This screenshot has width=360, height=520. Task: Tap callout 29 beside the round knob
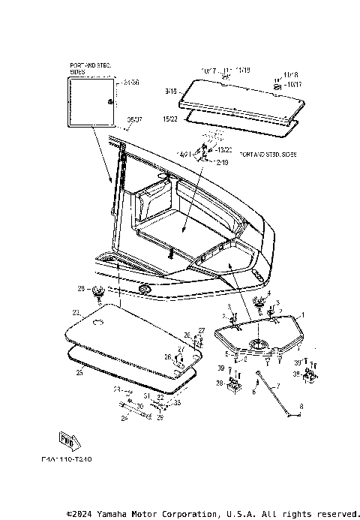pyautogui.click(x=81, y=288)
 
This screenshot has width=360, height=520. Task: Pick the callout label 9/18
pyautogui.click(x=169, y=91)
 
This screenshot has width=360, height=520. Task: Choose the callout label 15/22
pyautogui.click(x=169, y=118)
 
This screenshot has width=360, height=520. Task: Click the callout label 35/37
pyautogui.click(x=134, y=119)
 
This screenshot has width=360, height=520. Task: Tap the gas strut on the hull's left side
pyautogui.click(x=114, y=174)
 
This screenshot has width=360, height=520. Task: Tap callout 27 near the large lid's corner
pyautogui.click(x=201, y=329)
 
